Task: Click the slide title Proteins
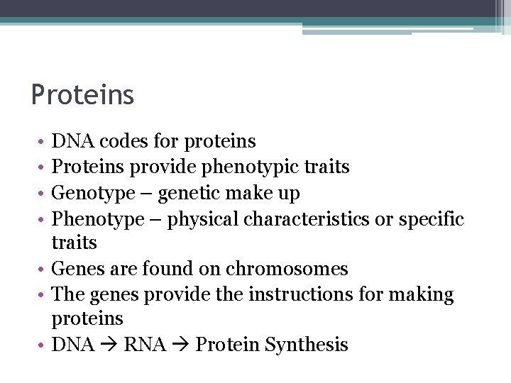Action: tap(82, 94)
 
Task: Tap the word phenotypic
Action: tap(242, 167)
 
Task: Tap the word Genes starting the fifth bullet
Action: tap(78, 270)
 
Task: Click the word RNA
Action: tap(144, 345)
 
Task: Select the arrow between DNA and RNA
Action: tap(109, 345)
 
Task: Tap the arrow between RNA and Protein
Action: tap(180, 345)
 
